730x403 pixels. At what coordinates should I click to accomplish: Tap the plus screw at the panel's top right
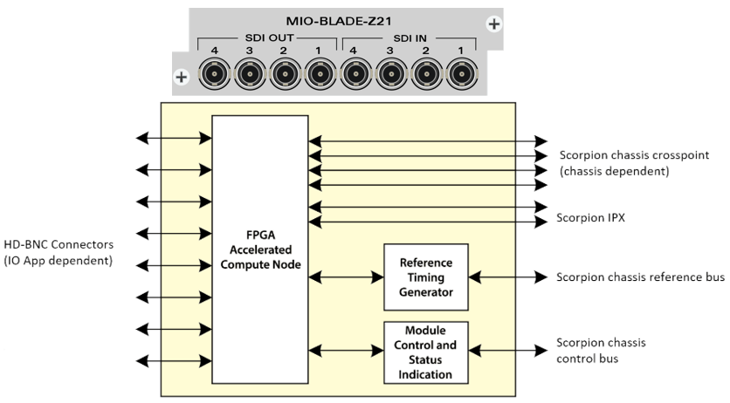point(494,24)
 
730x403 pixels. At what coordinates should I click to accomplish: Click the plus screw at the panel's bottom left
point(182,77)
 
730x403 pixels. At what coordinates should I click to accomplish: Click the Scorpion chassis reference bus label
point(640,277)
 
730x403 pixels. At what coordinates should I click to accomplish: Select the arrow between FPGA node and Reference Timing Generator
point(347,277)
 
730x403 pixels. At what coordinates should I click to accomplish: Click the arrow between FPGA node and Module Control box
point(347,351)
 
